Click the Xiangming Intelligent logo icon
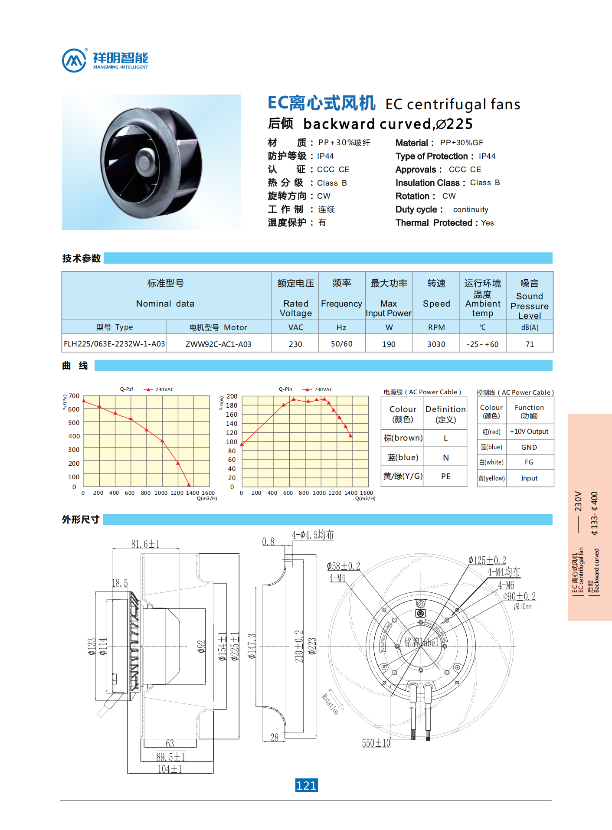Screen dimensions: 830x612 point(74,60)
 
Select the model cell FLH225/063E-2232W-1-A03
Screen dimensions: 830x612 point(114,344)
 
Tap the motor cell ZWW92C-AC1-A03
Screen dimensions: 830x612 point(218,344)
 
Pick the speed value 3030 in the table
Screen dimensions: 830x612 point(436,344)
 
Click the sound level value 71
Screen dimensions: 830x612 point(530,344)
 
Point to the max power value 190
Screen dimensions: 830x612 point(389,344)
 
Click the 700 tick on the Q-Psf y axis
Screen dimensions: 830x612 point(74,396)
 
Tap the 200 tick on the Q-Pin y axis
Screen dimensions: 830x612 point(232,396)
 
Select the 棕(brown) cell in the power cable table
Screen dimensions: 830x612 point(403,438)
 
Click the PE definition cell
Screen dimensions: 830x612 point(446,477)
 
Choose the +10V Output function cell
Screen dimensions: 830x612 point(529,431)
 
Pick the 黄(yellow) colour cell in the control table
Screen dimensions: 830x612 point(491,478)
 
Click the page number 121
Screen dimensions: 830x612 point(306,785)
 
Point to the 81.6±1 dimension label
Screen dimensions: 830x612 point(145,544)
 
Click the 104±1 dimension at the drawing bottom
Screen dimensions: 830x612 point(170,769)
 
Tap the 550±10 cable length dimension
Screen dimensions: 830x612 point(376,743)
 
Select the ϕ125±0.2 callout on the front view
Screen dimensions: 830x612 point(487,560)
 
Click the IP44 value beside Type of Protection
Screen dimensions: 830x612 point(487,156)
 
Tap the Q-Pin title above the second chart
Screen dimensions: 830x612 point(285,389)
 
